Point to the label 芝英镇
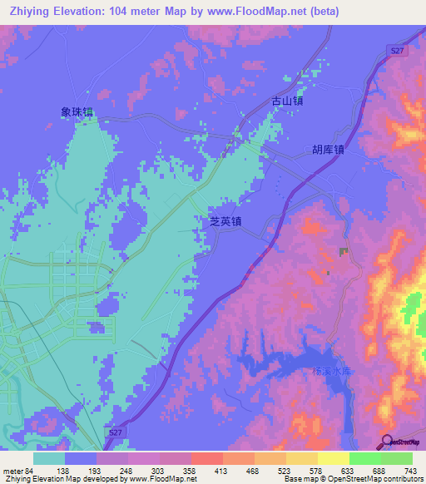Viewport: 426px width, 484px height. [225, 223]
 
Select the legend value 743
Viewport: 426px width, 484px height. [410, 470]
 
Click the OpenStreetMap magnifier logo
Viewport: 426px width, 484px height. [388, 441]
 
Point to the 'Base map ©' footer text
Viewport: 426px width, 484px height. [304, 479]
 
